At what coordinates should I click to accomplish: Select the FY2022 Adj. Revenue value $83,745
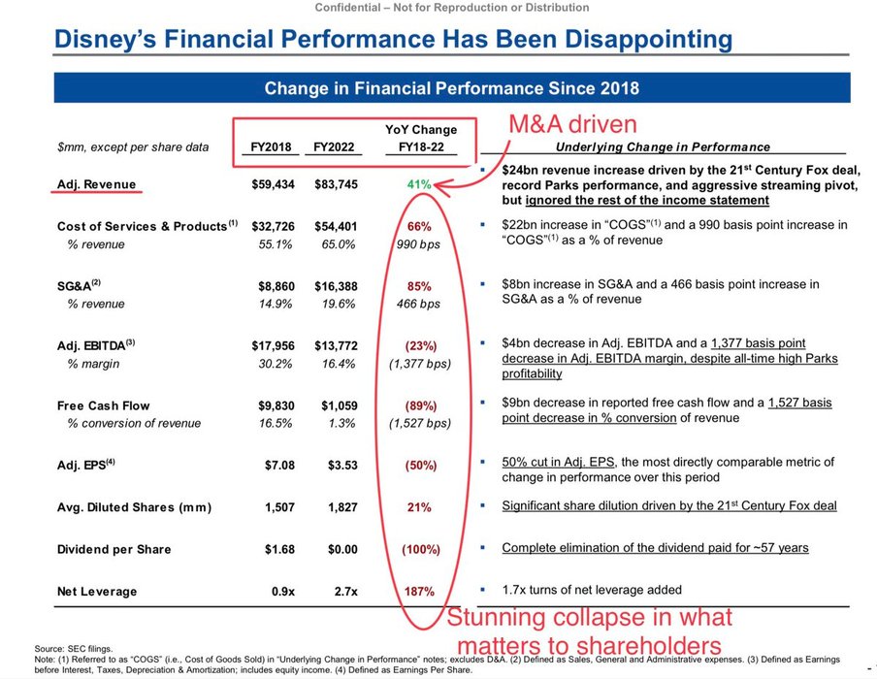pyautogui.click(x=336, y=184)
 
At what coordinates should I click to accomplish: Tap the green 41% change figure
pyautogui.click(x=419, y=184)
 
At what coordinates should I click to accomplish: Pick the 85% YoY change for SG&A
pyautogui.click(x=419, y=286)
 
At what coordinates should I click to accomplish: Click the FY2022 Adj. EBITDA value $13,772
pyautogui.click(x=336, y=346)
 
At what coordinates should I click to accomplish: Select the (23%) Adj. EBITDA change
pyautogui.click(x=419, y=346)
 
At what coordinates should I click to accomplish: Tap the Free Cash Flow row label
pyautogui.click(x=104, y=405)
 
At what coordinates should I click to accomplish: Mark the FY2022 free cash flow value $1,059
pyautogui.click(x=338, y=405)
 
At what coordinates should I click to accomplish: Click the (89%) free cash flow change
pyautogui.click(x=419, y=405)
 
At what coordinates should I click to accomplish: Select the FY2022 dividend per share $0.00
pyautogui.click(x=341, y=549)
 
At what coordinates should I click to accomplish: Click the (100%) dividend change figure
pyautogui.click(x=419, y=549)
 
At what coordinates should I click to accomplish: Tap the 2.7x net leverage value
pyautogui.click(x=346, y=591)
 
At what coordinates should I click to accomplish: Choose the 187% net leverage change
pyautogui.click(x=419, y=591)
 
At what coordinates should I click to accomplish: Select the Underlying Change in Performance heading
pyautogui.click(x=663, y=147)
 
